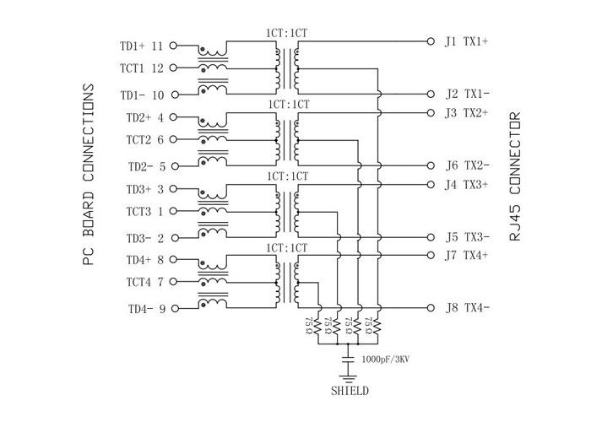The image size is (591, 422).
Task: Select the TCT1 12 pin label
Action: pos(144,68)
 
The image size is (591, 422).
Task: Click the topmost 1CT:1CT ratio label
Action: pos(288,33)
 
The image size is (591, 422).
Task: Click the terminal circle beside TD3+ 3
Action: pos(176,190)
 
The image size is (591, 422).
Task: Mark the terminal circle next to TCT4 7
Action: pos(176,280)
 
